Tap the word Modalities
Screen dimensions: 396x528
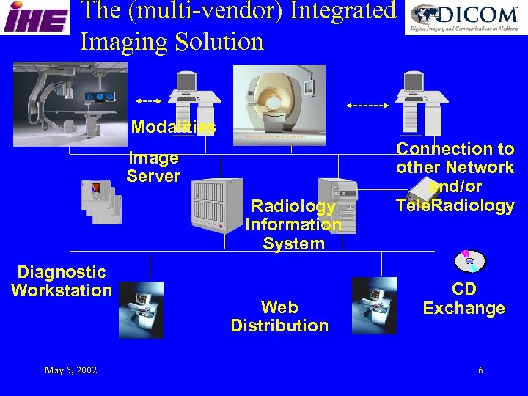pos(173,127)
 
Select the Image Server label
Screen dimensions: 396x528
pos(153,167)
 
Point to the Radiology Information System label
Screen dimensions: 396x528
pos(293,224)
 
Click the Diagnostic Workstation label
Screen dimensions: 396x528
pos(62,282)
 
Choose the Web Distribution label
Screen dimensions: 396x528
pos(279,316)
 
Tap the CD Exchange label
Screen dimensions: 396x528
pos(463,298)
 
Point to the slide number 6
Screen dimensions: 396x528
pos(480,370)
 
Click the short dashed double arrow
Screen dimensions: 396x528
pos(150,100)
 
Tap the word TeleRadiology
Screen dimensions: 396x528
pos(455,205)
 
